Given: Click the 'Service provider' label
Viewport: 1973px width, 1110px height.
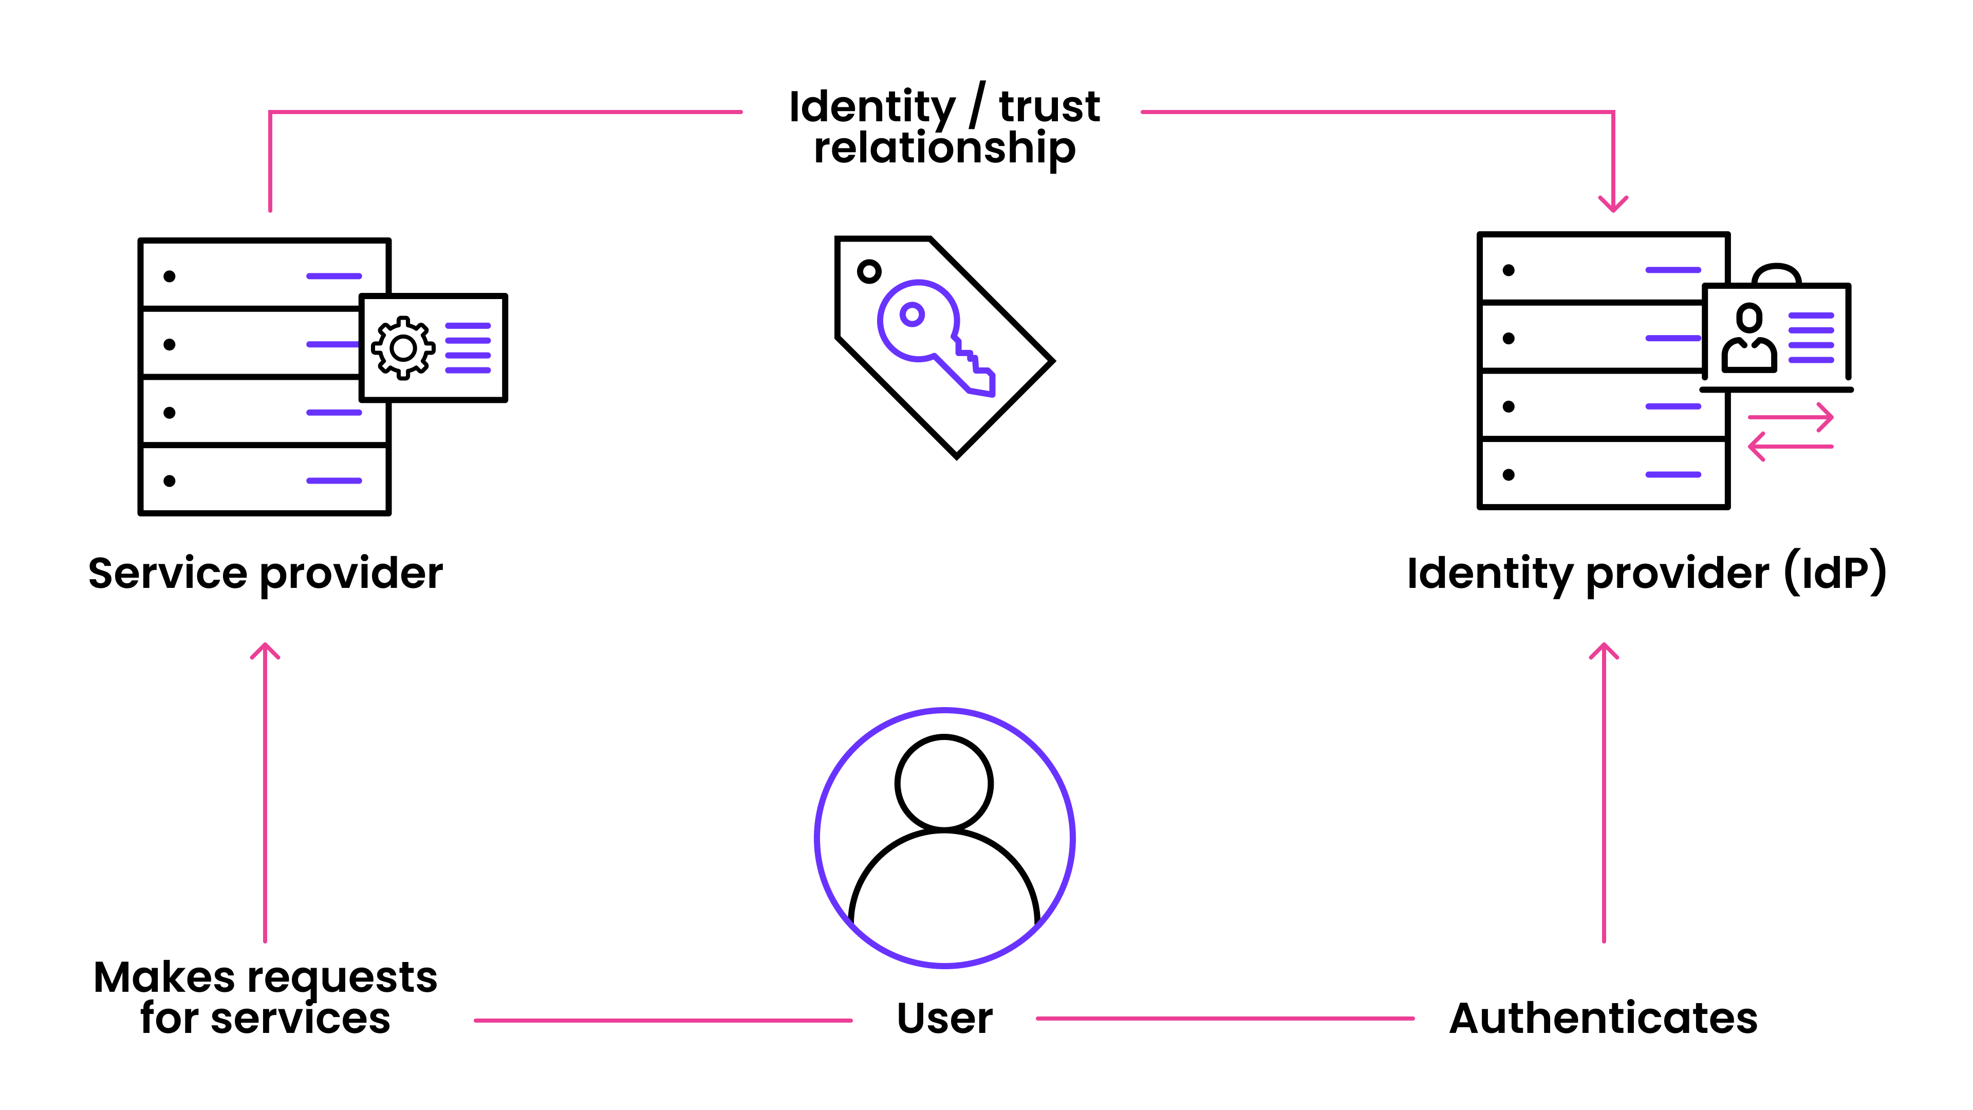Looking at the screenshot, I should [x=265, y=574].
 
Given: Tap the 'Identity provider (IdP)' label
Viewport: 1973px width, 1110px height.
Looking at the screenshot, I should [x=1645, y=574].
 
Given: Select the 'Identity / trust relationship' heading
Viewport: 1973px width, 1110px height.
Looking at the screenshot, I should [x=944, y=126].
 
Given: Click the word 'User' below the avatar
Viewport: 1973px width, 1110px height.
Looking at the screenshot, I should [x=944, y=1019].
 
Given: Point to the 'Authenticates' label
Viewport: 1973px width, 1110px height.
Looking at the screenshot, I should [x=1603, y=1019].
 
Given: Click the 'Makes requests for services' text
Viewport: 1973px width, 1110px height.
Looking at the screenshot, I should [x=265, y=997].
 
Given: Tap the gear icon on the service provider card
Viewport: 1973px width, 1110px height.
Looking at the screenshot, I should [x=403, y=348].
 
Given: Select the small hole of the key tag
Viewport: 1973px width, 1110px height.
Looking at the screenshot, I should [x=868, y=271].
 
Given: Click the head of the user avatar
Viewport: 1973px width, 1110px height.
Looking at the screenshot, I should [x=944, y=783].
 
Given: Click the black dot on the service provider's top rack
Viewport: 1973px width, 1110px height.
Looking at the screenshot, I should [x=169, y=276].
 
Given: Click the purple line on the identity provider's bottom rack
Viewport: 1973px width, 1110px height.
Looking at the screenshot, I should [x=1673, y=475].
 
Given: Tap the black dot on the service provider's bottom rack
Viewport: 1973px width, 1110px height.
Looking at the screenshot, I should [x=169, y=481].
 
